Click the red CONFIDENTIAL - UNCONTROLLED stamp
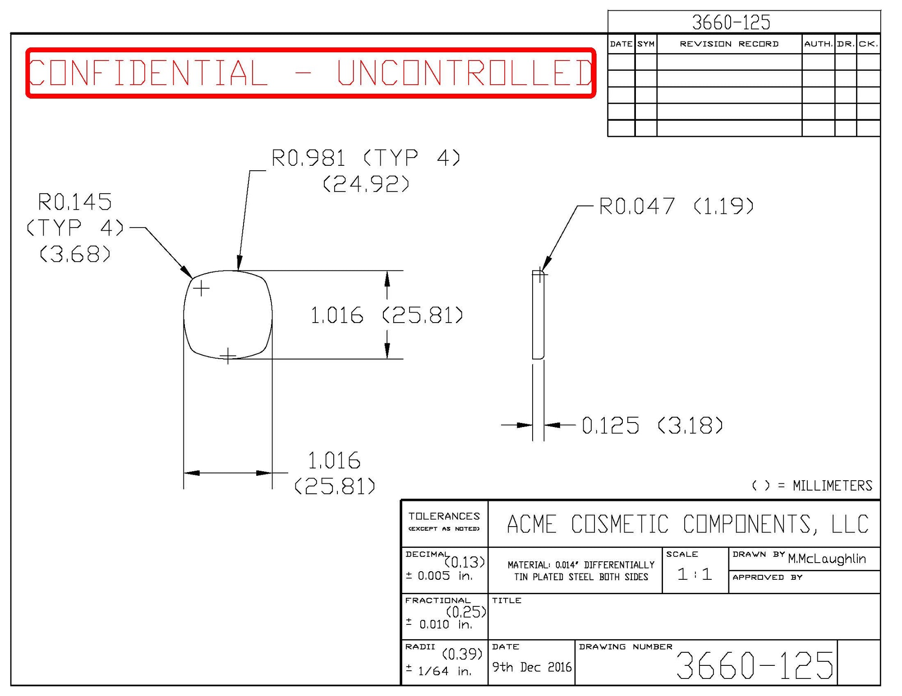(311, 73)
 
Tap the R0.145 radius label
(75, 202)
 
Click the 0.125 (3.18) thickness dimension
(652, 425)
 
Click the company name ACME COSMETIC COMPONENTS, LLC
(688, 524)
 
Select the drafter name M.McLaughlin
(827, 559)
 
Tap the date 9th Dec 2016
(532, 667)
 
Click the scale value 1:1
(695, 574)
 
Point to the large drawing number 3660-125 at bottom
(755, 665)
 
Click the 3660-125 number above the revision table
(731, 23)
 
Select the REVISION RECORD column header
(729, 44)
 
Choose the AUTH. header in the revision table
(818, 44)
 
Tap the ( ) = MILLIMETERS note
(812, 486)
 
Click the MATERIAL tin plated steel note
(581, 571)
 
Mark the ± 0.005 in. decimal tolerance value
(439, 576)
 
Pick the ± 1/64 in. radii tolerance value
(439, 671)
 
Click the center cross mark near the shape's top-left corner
(201, 288)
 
